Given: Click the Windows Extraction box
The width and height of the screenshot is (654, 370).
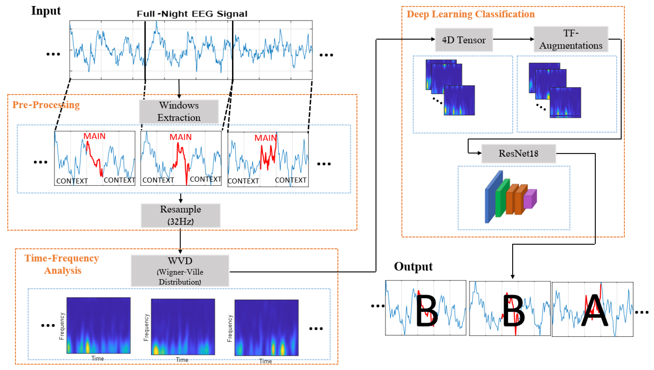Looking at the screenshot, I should click(179, 111).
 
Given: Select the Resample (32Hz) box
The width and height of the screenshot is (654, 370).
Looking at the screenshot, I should click(180, 215).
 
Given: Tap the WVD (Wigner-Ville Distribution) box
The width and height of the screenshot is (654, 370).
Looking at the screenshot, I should click(180, 271).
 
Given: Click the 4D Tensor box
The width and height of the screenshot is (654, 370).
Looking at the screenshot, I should click(464, 40).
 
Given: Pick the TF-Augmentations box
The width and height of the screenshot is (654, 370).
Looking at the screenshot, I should click(571, 39).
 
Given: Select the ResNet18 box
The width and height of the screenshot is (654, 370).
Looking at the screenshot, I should click(518, 153).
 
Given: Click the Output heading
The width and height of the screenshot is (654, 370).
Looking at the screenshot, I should click(413, 266).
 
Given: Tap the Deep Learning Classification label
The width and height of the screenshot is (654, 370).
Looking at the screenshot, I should click(471, 14).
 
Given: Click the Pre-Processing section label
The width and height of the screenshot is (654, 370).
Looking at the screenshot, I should click(46, 105).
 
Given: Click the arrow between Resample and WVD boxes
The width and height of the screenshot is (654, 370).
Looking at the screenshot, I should click(180, 241).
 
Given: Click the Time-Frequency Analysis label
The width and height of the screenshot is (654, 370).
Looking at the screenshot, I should click(62, 264).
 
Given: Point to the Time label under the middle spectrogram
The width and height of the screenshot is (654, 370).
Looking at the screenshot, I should click(182, 360).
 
